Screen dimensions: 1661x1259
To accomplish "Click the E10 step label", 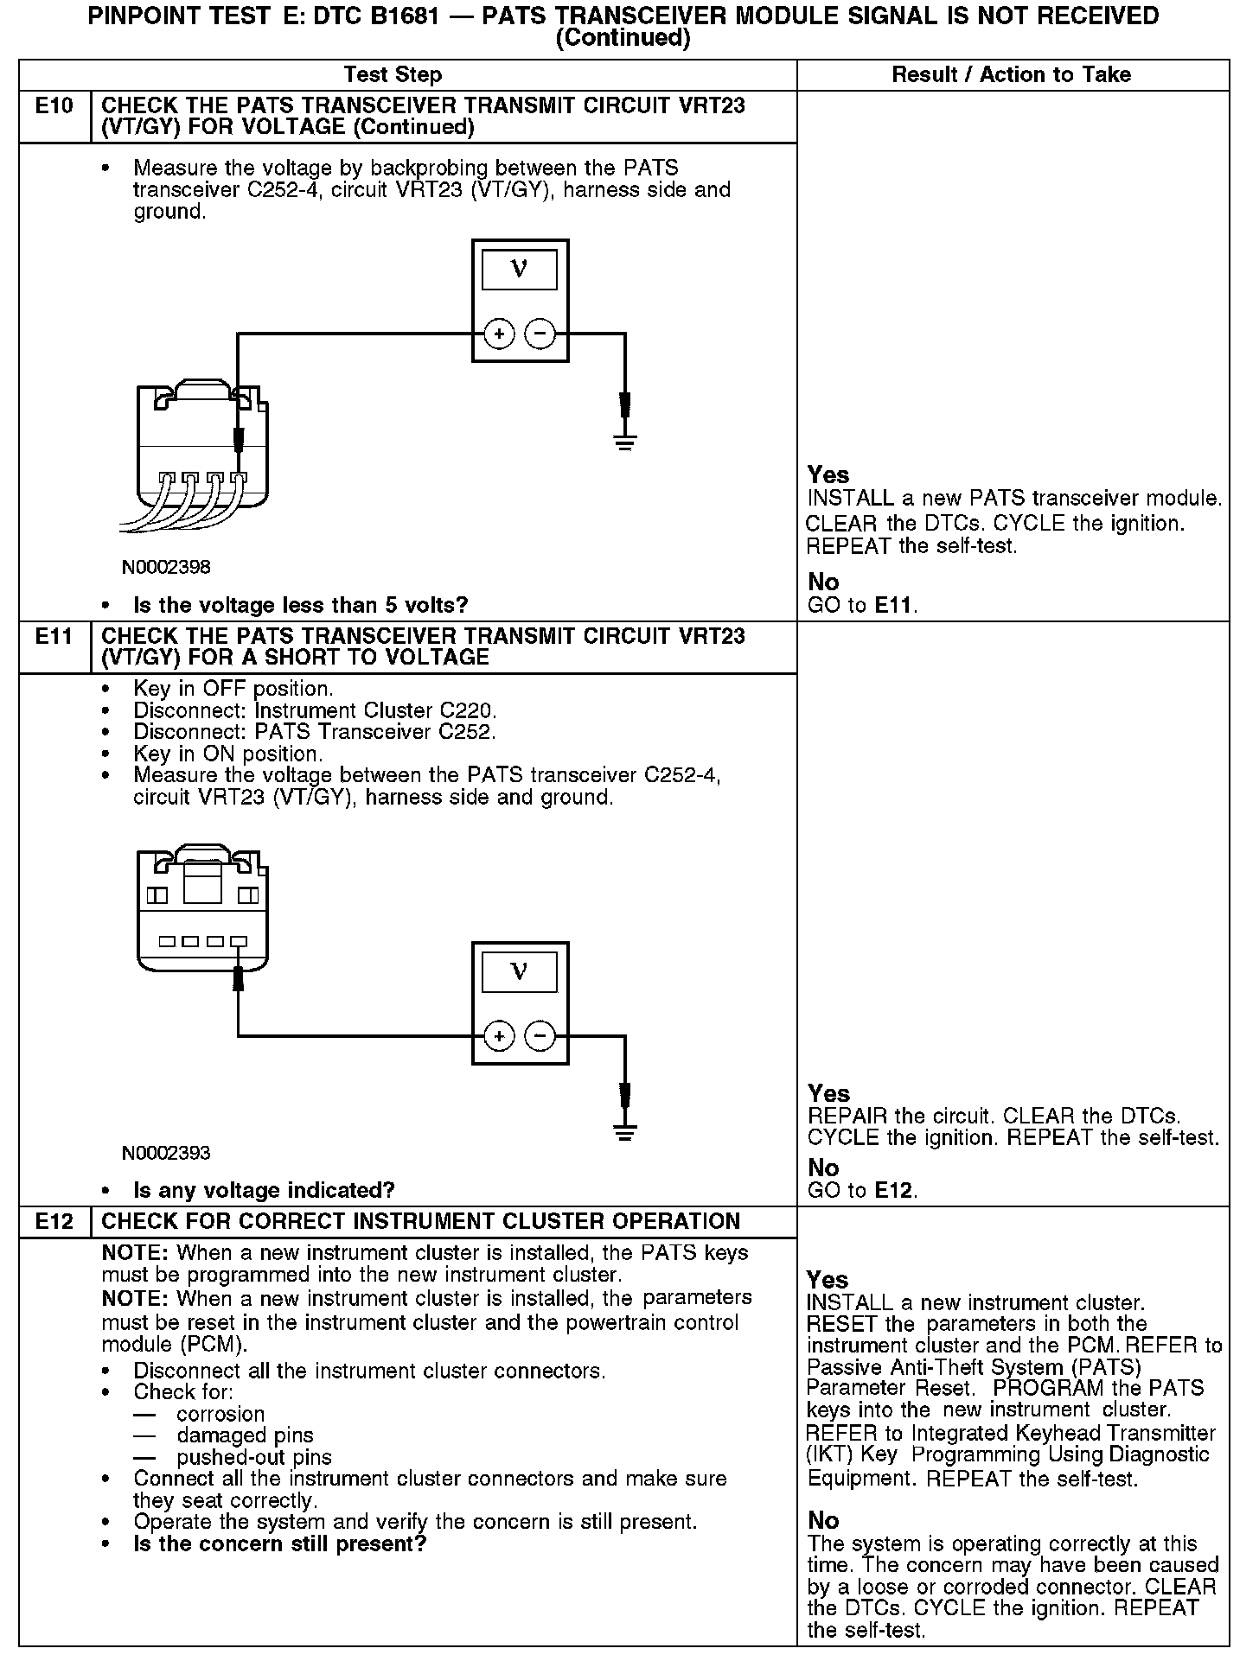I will click(54, 106).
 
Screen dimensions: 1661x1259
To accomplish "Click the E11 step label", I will click(54, 637).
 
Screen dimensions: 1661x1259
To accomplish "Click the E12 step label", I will click(54, 1222).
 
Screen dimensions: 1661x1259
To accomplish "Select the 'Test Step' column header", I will click(393, 75).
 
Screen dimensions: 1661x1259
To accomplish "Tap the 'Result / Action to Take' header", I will click(1011, 75).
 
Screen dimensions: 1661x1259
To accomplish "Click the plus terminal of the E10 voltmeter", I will click(499, 334).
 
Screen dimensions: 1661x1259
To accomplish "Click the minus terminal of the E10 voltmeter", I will click(540, 334).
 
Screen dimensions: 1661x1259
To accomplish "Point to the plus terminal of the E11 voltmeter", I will click(499, 1036).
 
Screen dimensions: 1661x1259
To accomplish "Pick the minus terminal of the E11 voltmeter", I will click(540, 1036).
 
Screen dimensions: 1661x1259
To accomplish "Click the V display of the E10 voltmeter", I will click(520, 270).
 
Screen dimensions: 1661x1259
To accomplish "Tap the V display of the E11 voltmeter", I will click(520, 972).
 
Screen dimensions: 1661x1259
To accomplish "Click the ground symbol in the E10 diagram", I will click(625, 442).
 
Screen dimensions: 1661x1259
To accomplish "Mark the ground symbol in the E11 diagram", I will click(625, 1132).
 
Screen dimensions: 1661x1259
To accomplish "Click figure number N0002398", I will click(166, 568).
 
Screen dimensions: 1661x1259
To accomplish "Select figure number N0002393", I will click(166, 1154).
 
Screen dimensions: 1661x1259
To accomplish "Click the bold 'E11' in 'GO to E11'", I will click(894, 605).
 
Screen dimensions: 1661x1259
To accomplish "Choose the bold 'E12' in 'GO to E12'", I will click(894, 1191).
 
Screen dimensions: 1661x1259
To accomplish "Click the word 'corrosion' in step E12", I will click(220, 1415).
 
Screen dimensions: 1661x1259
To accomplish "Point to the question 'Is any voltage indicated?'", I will click(264, 1191).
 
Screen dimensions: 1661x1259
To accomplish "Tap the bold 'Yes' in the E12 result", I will click(828, 1280).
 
